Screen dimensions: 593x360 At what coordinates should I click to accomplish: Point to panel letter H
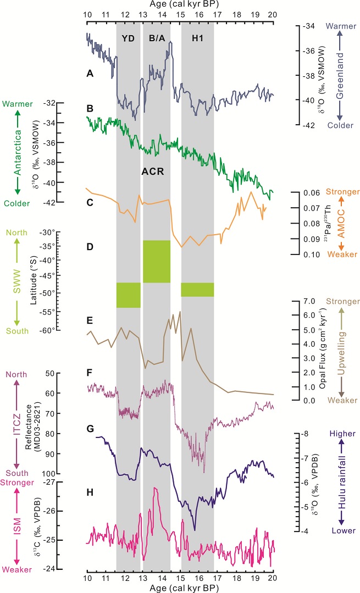pos(90,492)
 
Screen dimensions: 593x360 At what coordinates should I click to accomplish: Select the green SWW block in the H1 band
pos(197,289)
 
